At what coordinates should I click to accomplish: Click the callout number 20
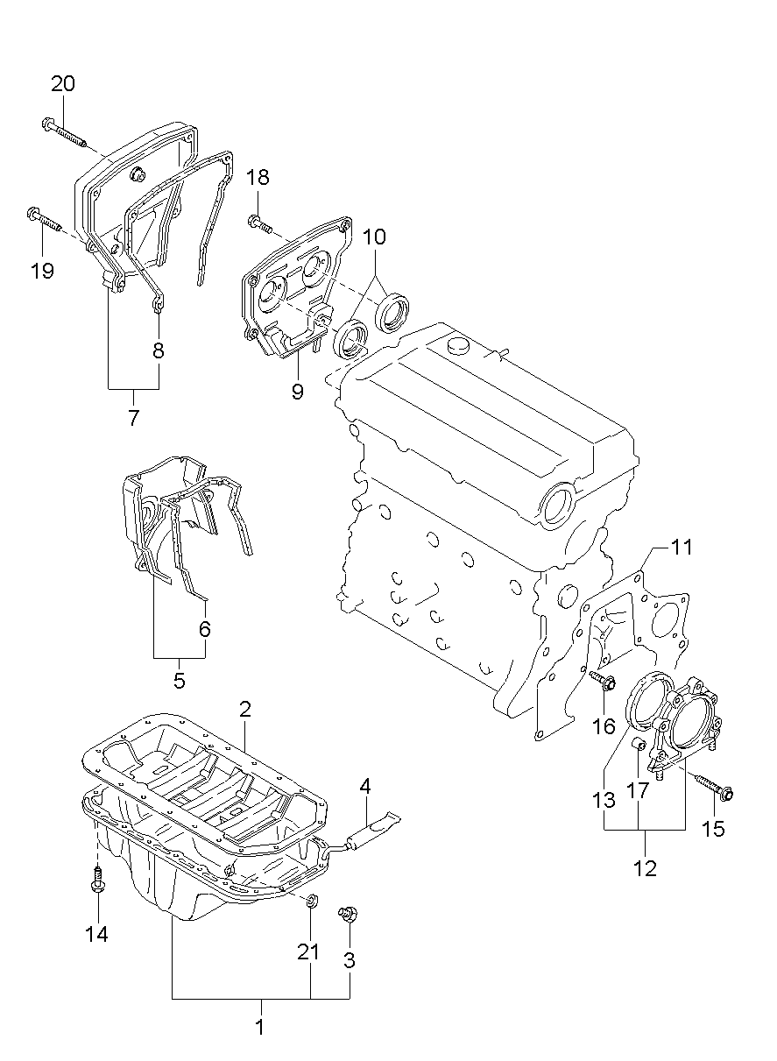coord(63,84)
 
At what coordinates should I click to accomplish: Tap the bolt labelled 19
coord(44,218)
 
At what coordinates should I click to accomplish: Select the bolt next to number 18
coord(260,224)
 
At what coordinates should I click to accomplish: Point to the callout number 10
coord(374,237)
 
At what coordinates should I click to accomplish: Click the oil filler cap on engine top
coord(461,346)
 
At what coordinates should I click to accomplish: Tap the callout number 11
coord(682,548)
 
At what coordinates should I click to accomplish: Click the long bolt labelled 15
coord(713,788)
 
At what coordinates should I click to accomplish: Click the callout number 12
coord(646,869)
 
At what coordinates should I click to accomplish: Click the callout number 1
coord(259,1026)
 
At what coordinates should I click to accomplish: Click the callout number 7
coord(133,417)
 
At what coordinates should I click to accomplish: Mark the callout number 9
coord(298,392)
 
